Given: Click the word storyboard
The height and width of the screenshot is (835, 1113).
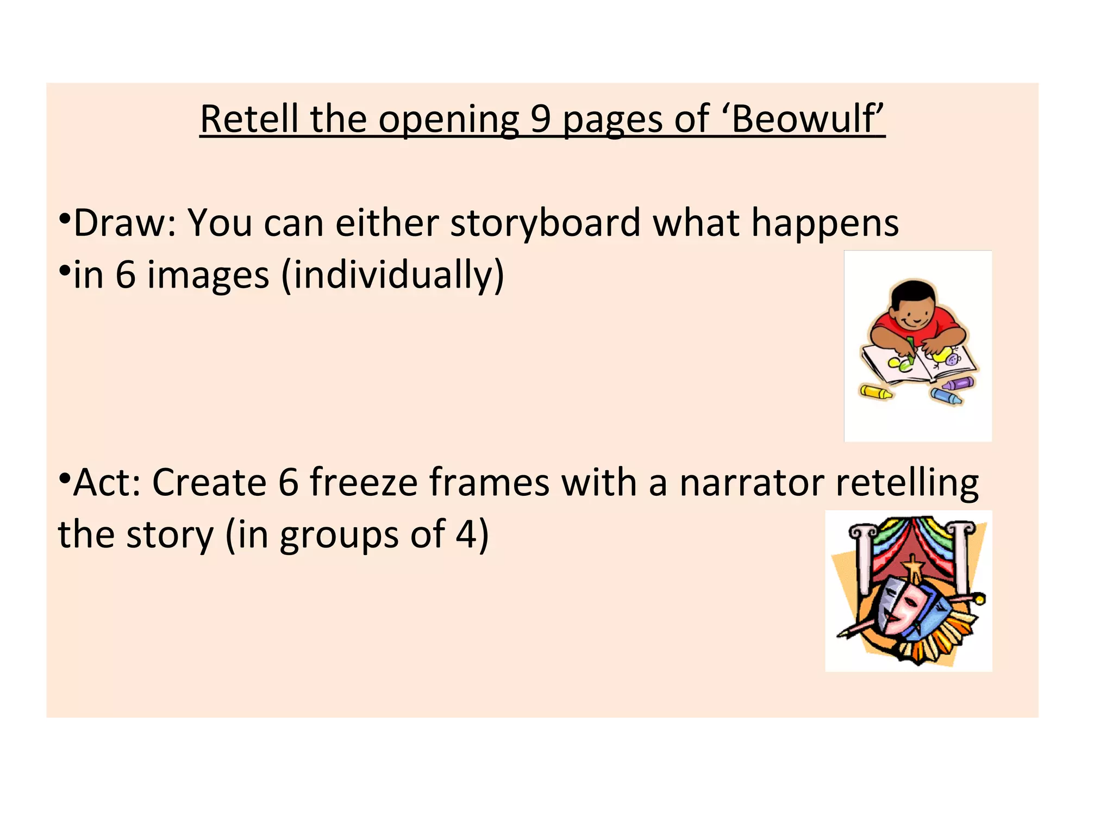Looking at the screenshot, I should pos(546,223).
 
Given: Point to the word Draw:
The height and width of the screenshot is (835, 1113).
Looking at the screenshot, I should pos(125,223).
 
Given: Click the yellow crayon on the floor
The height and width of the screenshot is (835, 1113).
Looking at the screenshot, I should pos(875,391).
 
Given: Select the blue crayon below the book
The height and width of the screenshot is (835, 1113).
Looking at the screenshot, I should pos(946,396).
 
